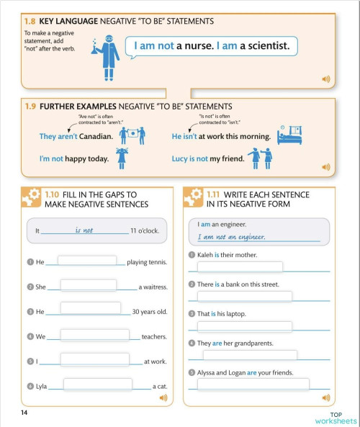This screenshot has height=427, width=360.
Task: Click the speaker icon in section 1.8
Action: point(325,78)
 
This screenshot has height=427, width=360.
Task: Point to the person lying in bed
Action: point(289,134)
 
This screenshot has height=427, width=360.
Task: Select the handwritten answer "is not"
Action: point(84,230)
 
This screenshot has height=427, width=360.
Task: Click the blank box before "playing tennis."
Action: point(86,261)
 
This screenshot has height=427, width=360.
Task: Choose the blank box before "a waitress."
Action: point(89,285)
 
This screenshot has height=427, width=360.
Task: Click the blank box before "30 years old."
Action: point(91,310)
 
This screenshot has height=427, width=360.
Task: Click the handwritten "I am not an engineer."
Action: point(232,236)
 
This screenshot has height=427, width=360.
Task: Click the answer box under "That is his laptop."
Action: point(244,326)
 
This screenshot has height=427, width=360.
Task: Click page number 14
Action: point(24,413)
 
